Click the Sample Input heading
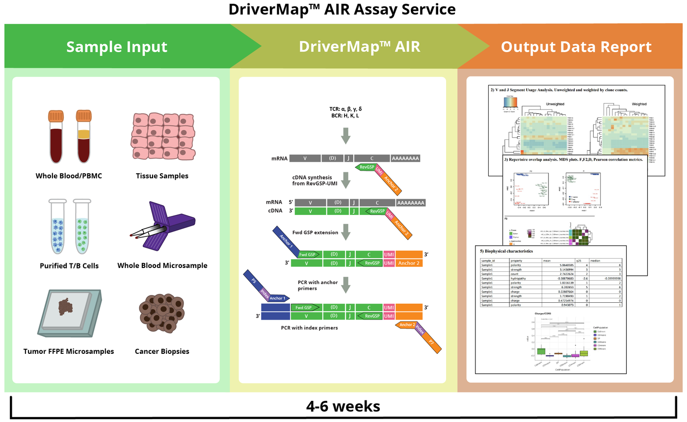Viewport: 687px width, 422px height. (117, 47)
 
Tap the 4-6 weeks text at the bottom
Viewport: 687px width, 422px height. (343, 407)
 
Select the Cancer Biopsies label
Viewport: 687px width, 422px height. (161, 351)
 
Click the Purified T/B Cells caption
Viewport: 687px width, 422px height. (69, 266)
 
